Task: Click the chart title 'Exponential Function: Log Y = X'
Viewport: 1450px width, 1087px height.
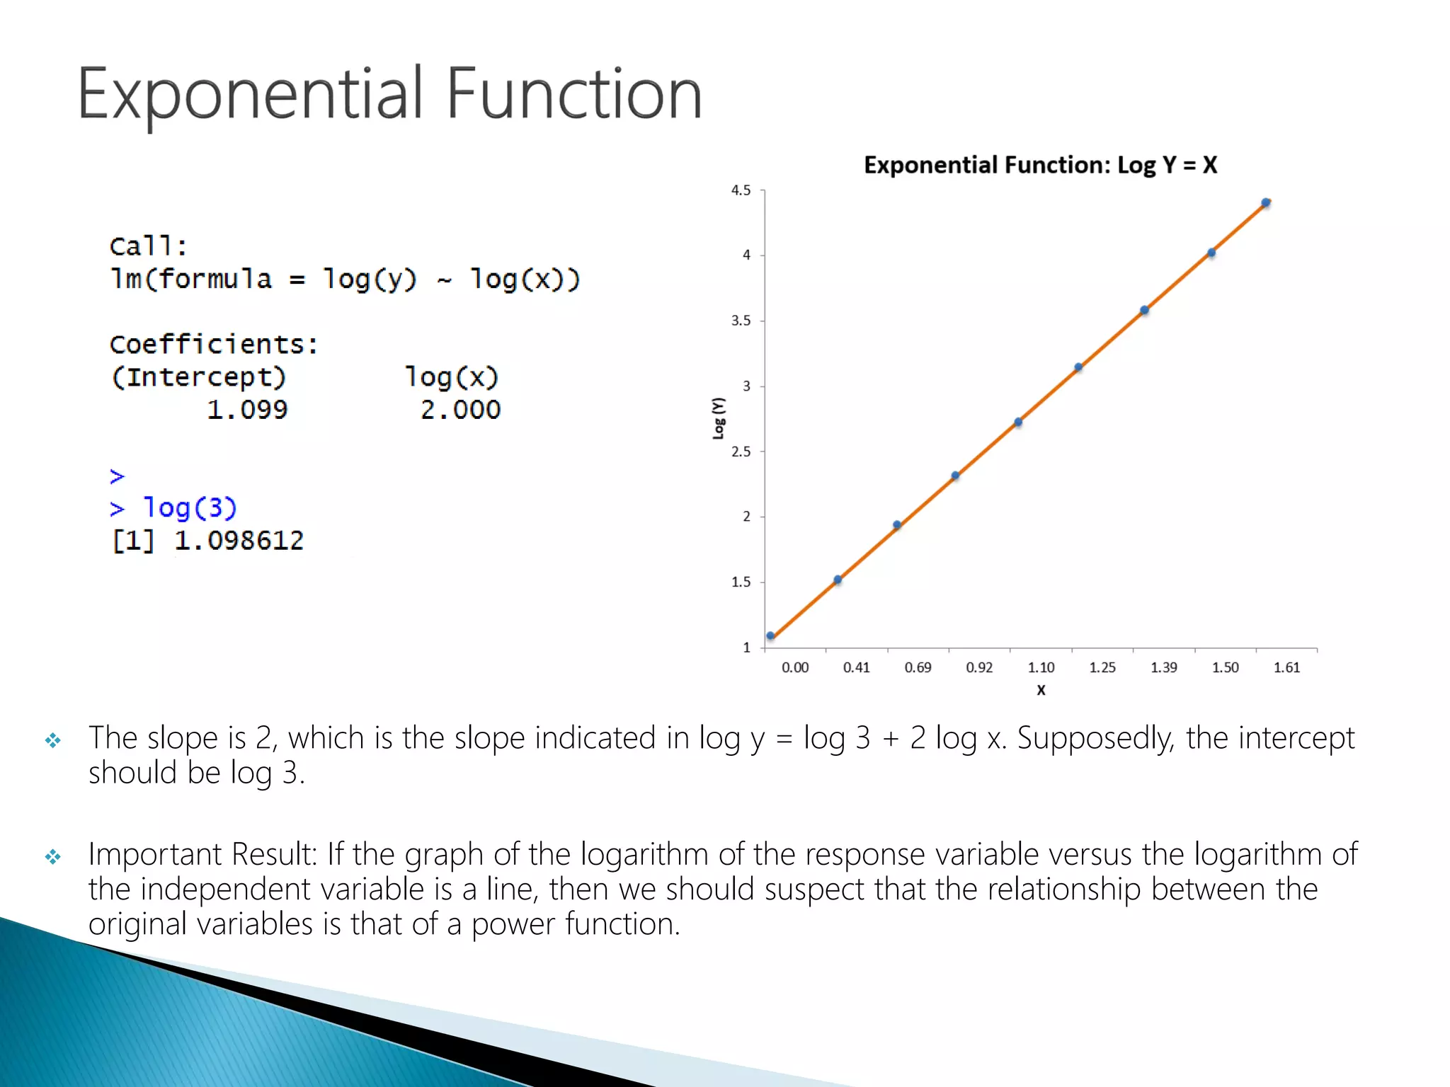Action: (x=1040, y=165)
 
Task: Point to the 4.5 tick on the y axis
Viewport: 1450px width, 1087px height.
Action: (x=741, y=190)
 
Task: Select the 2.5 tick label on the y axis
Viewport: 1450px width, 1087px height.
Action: (x=741, y=452)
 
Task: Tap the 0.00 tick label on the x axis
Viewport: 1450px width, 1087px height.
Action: (x=794, y=667)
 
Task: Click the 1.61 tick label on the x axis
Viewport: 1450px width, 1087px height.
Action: (x=1286, y=667)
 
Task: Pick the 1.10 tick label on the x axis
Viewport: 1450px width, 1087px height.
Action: (x=1041, y=667)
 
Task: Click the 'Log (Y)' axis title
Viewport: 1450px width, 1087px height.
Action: (x=719, y=418)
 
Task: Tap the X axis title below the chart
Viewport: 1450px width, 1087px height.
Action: (x=1041, y=690)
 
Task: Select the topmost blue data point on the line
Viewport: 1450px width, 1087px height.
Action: (x=1266, y=202)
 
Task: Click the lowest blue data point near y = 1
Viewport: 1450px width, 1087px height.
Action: (x=770, y=636)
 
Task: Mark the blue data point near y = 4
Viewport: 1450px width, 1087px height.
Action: (x=1211, y=253)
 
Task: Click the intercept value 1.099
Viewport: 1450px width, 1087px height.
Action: (x=247, y=410)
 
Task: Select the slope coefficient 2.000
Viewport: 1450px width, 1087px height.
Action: (x=460, y=410)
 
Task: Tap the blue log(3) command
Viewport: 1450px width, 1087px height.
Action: (x=190, y=507)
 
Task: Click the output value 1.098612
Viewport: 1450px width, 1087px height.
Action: (x=239, y=541)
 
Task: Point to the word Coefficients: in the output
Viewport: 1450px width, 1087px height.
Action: (x=214, y=345)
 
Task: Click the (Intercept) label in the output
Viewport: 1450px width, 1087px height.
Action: (x=198, y=376)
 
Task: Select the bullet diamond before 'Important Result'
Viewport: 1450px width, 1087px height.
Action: (x=53, y=857)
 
